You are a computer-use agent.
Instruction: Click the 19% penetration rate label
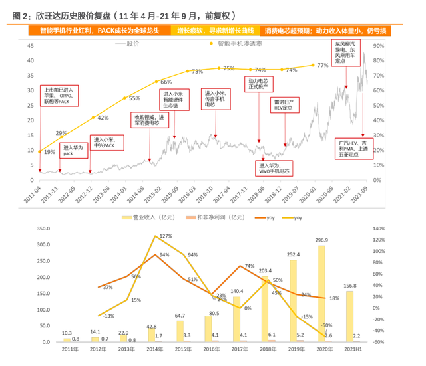tap(49, 152)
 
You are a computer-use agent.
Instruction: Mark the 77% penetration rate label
tap(323, 65)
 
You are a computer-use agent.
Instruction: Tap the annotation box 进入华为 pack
tap(72, 150)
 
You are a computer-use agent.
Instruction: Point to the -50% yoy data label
tap(327, 325)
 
